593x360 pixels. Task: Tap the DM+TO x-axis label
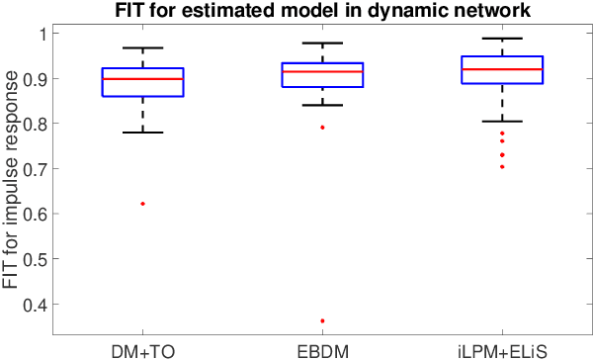pos(143,348)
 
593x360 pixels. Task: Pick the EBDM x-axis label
pos(322,348)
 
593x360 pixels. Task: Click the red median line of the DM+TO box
pos(143,78)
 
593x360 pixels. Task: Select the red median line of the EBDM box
pos(322,71)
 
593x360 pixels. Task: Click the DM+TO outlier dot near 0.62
pos(143,204)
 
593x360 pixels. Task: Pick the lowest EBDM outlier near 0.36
pos(322,320)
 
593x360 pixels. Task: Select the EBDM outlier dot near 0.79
pos(322,127)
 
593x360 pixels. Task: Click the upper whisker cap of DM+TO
pos(143,47)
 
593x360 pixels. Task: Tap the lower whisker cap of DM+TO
pos(143,133)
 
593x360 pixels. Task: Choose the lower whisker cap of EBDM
pos(322,105)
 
